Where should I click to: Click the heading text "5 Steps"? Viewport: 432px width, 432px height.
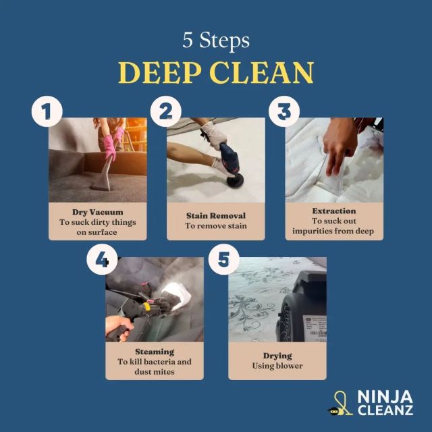tap(215, 40)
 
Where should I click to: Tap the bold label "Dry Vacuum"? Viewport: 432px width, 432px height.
tap(97, 211)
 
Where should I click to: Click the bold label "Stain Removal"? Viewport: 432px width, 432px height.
tap(216, 215)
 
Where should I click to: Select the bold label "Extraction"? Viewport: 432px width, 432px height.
tap(333, 211)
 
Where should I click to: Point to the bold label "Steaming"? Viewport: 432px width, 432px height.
tap(155, 352)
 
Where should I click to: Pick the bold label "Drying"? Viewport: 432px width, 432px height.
tap(277, 355)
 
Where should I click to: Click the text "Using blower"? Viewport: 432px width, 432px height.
tap(277, 366)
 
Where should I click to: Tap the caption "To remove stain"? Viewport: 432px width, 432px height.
tap(216, 226)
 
